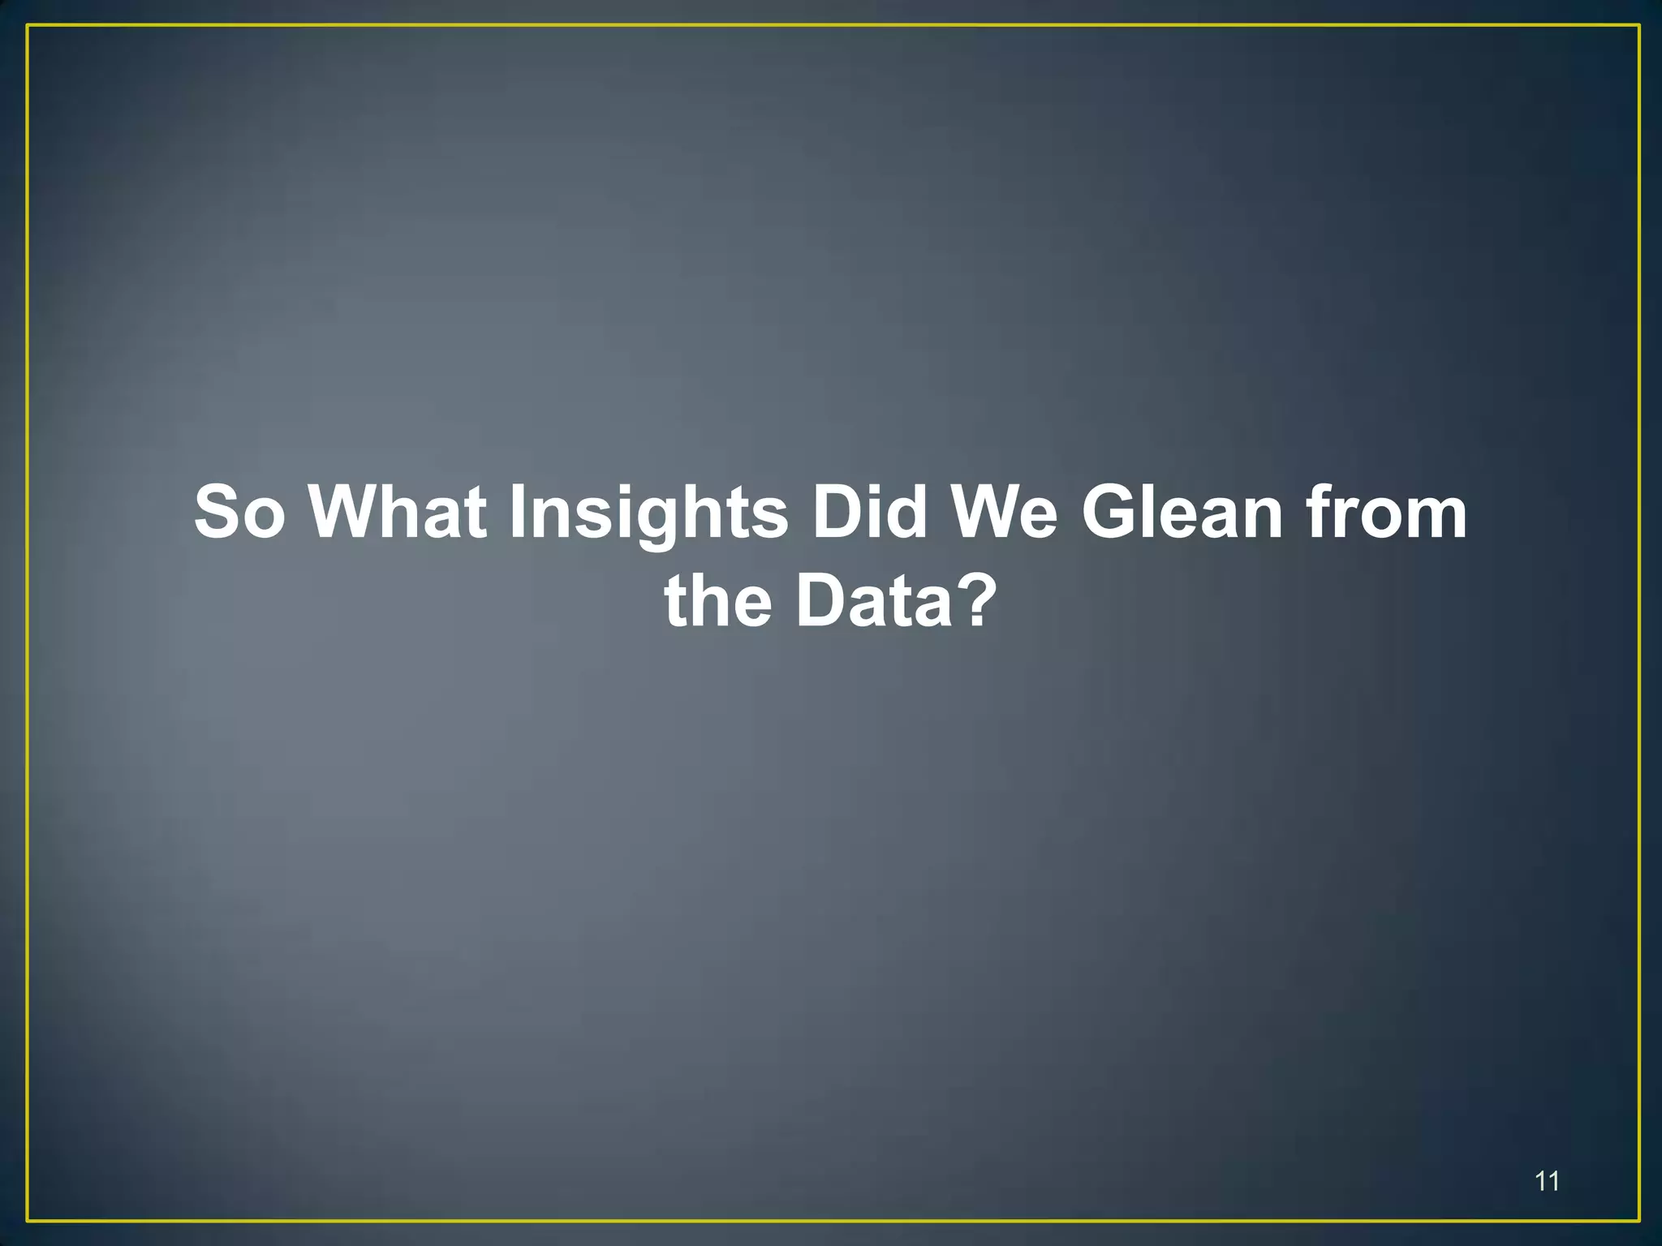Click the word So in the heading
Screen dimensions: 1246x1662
239,512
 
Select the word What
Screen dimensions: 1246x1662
398,512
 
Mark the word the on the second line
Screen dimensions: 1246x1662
718,602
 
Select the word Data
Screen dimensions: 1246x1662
872,602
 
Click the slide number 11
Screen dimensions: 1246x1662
1547,1181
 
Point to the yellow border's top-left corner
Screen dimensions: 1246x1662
28,26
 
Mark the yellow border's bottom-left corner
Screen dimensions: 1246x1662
28,1220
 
